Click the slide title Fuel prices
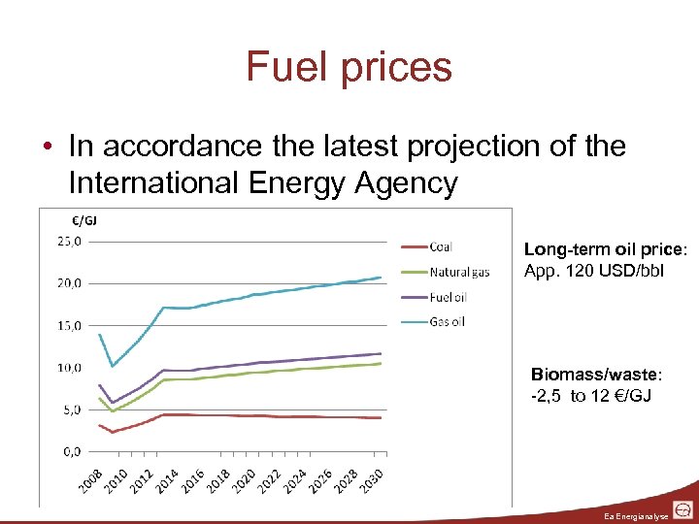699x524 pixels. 349,67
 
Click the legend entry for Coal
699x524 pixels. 440,247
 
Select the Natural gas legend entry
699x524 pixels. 459,272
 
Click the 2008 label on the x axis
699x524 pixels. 90,477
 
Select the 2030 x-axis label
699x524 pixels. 369,477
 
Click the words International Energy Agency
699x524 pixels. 263,181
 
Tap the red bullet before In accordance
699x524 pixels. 48,147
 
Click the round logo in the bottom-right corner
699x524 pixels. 683,509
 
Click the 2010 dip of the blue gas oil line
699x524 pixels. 113,366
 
